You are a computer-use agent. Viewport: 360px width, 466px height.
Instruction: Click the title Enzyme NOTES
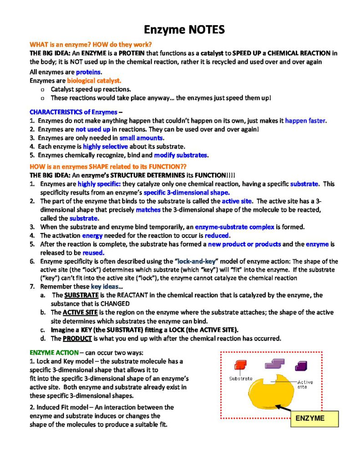pyautogui.click(x=184, y=30)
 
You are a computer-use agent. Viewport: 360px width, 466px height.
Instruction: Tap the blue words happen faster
pyautogui.click(x=305, y=121)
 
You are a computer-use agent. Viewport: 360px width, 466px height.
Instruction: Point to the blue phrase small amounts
pyautogui.click(x=142, y=138)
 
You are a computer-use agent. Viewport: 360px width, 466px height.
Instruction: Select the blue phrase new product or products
pyautogui.click(x=244, y=244)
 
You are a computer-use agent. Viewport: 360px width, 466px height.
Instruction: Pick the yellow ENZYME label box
pyautogui.click(x=314, y=418)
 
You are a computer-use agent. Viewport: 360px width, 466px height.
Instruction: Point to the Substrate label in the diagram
pyautogui.click(x=241, y=378)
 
